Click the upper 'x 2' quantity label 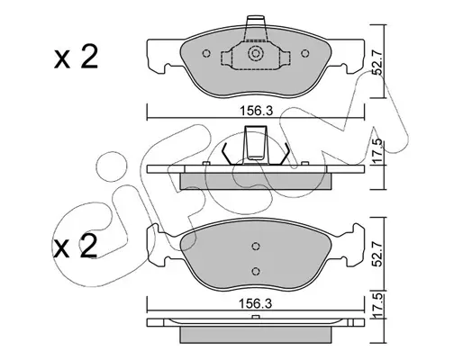[x=77, y=57]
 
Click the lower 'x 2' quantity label [x=76, y=246]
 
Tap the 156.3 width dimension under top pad [x=256, y=111]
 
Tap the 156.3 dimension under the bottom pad [x=255, y=303]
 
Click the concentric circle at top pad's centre [x=256, y=54]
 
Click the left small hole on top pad [x=206, y=53]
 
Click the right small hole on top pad [x=305, y=53]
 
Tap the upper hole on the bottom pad [x=256, y=246]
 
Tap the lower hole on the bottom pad [x=256, y=271]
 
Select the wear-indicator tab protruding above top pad [x=256, y=28]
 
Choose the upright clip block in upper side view [x=256, y=142]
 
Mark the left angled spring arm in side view [x=228, y=154]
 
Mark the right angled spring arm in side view [x=283, y=154]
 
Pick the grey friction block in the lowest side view [x=256, y=335]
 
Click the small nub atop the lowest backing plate [x=256, y=317]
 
